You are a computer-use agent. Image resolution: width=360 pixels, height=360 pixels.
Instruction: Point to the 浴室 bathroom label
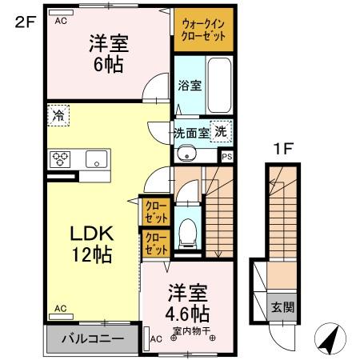click(190, 82)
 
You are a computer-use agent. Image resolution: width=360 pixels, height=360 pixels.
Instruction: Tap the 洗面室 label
click(191, 132)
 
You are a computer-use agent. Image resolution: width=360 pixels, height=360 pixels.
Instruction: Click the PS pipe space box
click(227, 157)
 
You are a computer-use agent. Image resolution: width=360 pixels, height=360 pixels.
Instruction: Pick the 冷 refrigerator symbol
click(58, 115)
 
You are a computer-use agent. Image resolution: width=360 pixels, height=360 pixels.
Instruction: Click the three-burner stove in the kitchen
click(61, 158)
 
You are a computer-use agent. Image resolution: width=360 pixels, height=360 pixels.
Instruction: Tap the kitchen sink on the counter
click(97, 158)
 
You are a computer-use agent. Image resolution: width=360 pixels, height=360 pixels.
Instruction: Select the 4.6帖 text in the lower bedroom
click(189, 311)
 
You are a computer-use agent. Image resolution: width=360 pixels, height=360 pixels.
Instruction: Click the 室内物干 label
click(189, 329)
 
